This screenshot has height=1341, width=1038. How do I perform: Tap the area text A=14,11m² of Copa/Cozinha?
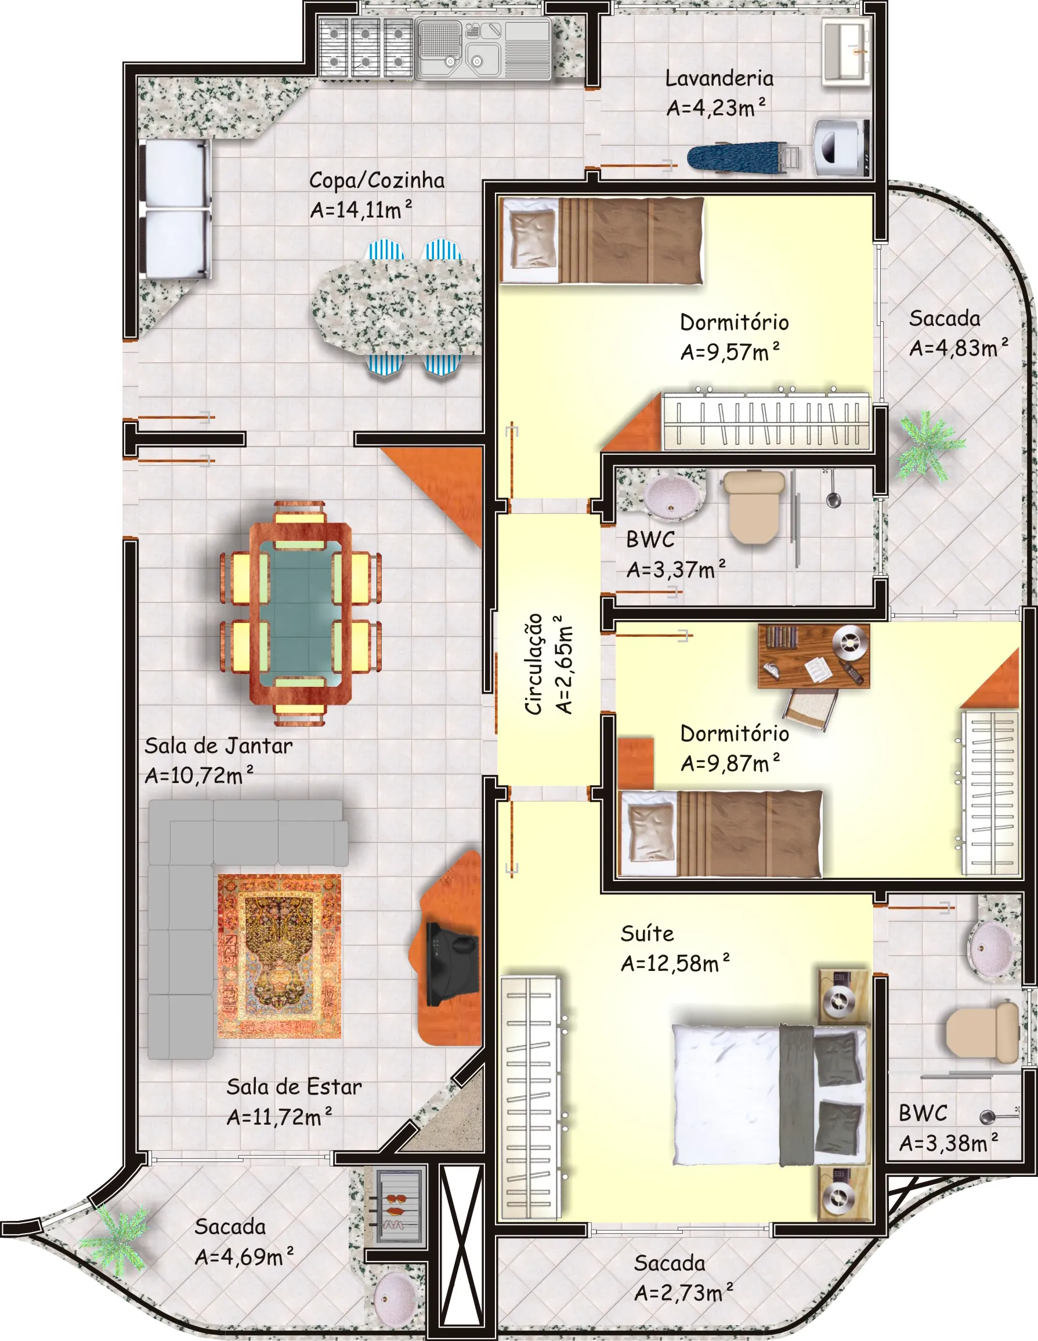tap(360, 209)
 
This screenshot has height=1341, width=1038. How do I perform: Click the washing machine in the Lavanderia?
tap(841, 147)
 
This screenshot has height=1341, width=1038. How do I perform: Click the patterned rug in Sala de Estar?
tap(280, 956)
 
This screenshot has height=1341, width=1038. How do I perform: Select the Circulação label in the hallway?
tap(534, 664)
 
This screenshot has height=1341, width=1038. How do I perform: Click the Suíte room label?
tap(647, 934)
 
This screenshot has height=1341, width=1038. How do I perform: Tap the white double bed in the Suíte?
tap(771, 1094)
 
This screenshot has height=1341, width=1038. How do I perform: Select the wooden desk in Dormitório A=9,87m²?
tap(814, 656)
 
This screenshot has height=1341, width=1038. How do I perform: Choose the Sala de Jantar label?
tap(219, 746)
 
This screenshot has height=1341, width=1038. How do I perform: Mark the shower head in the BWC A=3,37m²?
tap(832, 497)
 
